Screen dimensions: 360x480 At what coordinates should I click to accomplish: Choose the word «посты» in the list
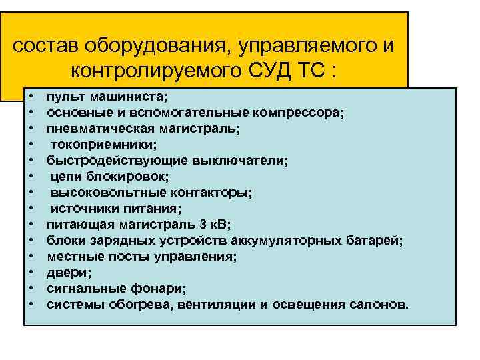tap(121, 256)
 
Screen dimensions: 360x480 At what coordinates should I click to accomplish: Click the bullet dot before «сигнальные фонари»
tap(32, 288)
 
